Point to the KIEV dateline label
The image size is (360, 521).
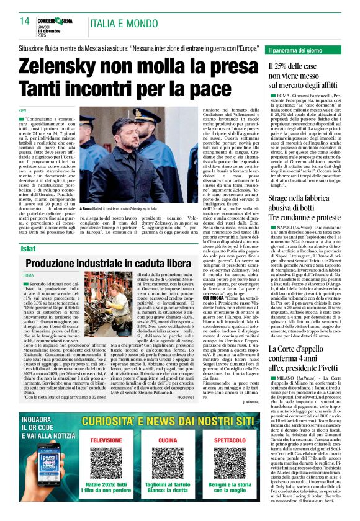point(24,110)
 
